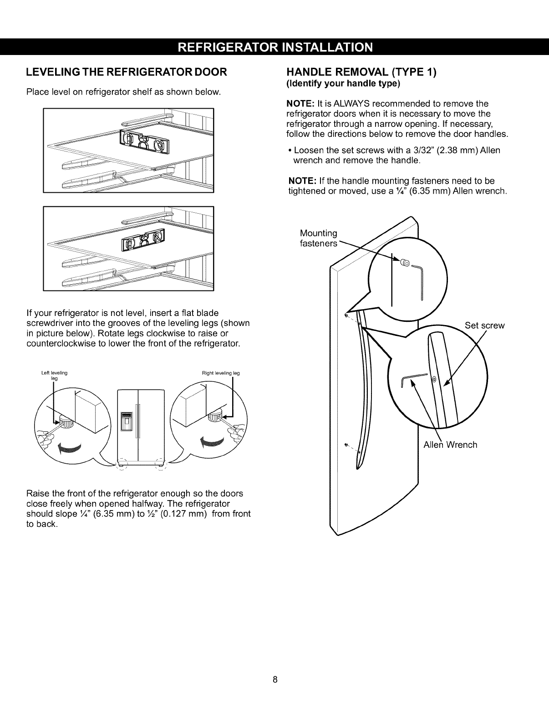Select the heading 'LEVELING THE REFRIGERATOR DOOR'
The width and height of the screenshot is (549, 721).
127,73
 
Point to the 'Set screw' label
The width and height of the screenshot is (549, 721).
485,325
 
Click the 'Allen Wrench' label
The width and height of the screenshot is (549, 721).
450,445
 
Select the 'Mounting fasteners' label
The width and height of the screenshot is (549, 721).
319,238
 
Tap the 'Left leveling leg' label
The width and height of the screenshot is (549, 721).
54,375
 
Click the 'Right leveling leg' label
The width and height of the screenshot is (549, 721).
221,373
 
